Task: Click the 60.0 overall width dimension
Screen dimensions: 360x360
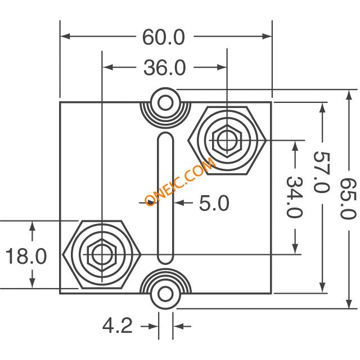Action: coord(164,37)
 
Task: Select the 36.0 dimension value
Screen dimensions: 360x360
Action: coord(164,67)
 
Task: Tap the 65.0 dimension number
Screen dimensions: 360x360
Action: coord(348,199)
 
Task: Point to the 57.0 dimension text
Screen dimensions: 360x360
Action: coord(322,172)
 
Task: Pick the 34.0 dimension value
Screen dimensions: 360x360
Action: coord(294,197)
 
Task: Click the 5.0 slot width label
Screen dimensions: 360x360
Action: coord(214,203)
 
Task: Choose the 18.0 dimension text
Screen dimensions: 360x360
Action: coord(26,256)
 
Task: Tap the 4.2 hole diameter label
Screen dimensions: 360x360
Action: coord(118,326)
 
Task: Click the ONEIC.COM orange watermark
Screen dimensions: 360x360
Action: coord(180,181)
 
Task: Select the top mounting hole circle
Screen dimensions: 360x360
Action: coord(165,102)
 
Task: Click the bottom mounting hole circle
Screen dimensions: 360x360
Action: coord(165,294)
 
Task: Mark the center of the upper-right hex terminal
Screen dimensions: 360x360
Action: coord(227,140)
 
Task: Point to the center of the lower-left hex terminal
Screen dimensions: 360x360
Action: coord(102,254)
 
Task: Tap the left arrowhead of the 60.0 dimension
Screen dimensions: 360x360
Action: coord(65,36)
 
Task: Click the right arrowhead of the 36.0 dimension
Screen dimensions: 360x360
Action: coord(222,67)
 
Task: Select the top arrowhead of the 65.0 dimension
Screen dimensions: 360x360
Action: coord(349,94)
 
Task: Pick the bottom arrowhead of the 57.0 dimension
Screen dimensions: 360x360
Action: coord(322,287)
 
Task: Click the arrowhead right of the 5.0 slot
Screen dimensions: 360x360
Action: coord(179,202)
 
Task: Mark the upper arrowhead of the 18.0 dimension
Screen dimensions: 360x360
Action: coord(33,226)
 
